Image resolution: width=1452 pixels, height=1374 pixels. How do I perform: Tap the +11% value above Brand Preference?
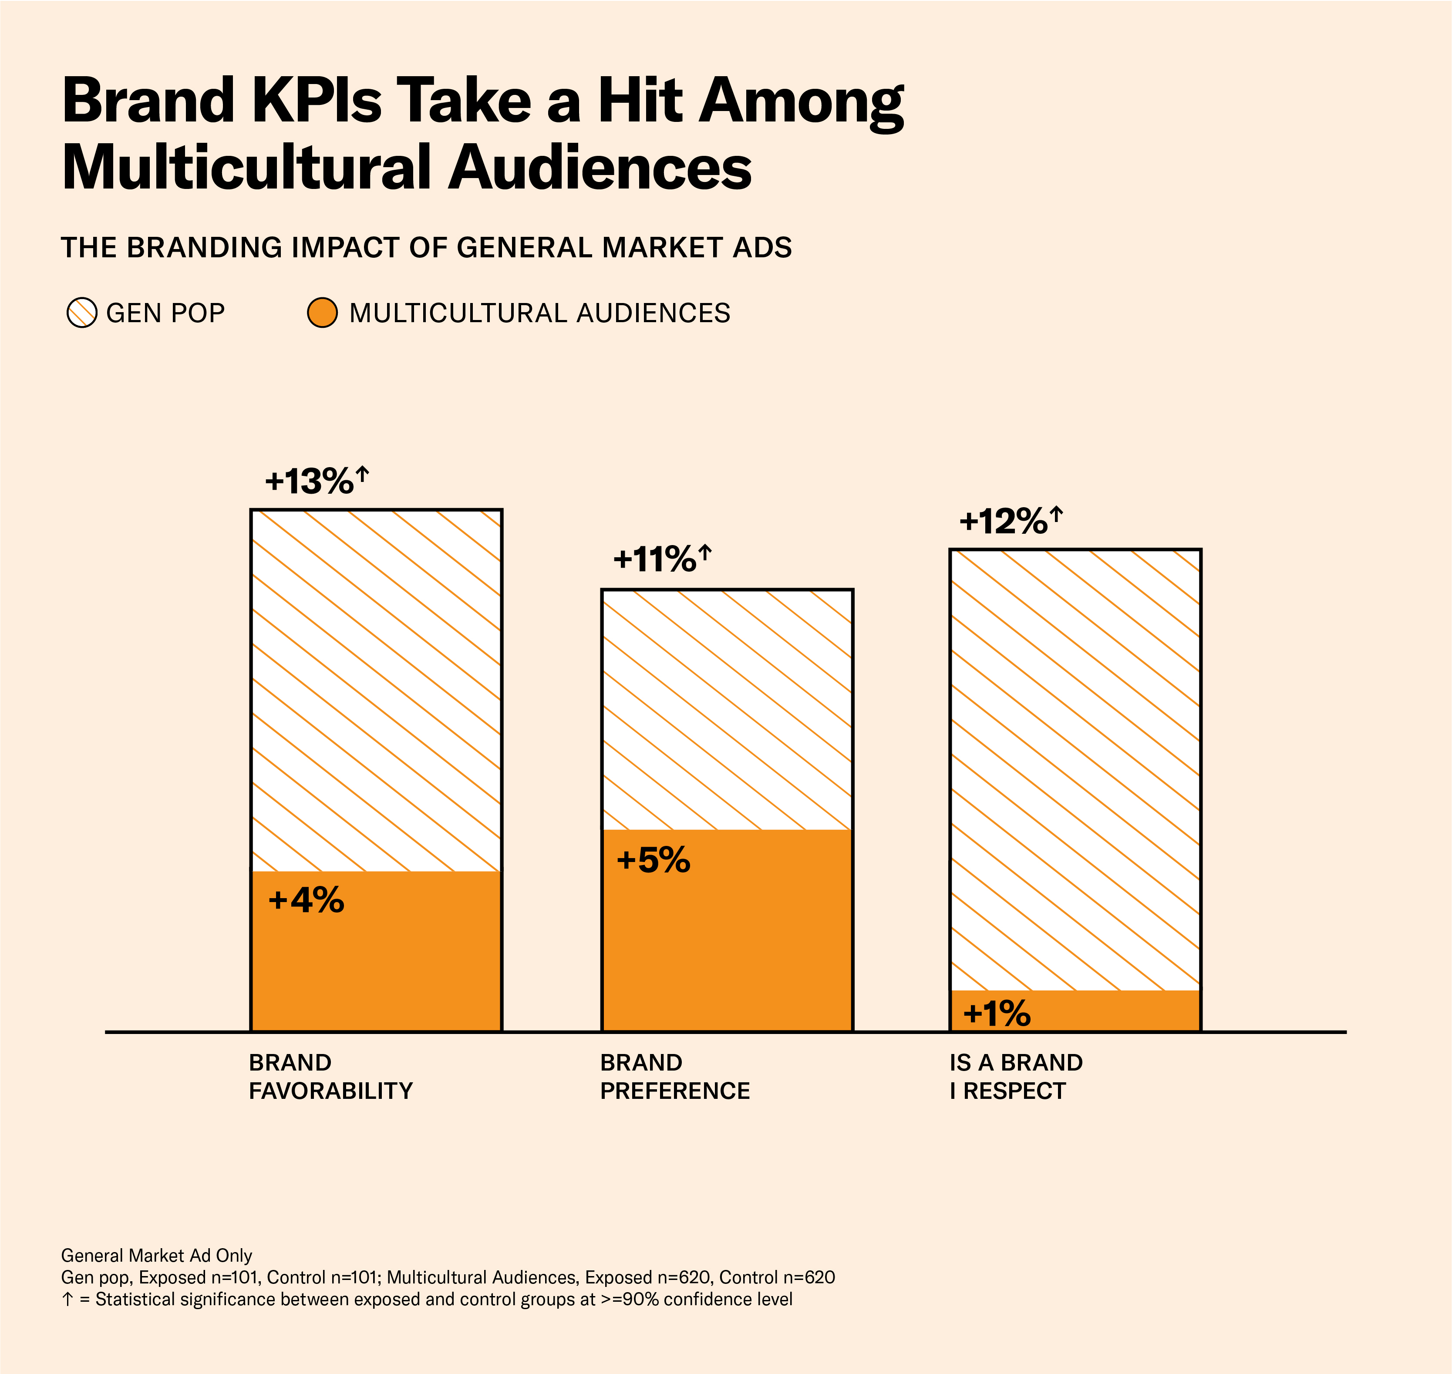(654, 560)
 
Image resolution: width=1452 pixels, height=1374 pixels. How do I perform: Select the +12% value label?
(1003, 522)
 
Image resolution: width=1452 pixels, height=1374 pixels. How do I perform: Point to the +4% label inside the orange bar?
(306, 900)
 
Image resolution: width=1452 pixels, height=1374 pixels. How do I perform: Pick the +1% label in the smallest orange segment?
(996, 1014)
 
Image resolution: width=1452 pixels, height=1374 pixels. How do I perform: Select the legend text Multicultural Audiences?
(539, 313)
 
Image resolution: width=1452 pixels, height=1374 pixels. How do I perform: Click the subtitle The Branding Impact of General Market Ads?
(426, 248)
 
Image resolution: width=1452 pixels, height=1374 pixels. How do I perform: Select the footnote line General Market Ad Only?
(156, 1255)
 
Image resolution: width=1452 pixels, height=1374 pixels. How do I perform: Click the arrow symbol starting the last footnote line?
(67, 1299)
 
